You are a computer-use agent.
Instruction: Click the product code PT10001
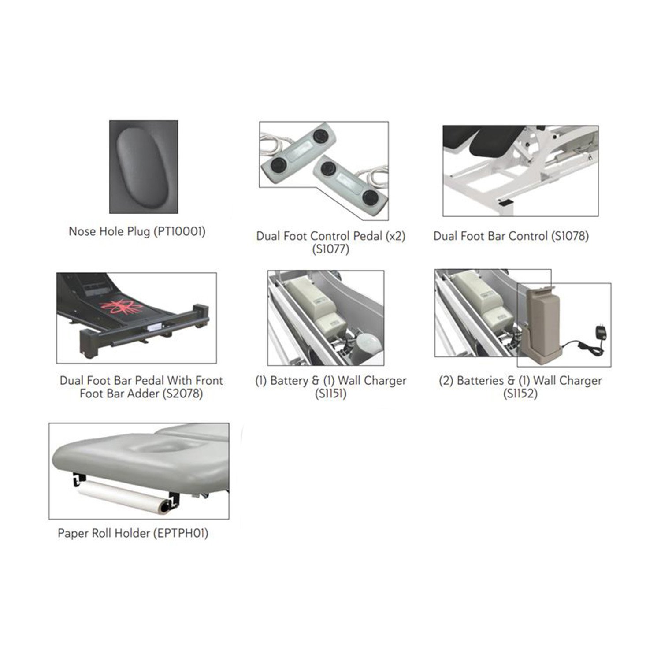coord(179,231)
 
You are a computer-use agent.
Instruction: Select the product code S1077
coord(330,249)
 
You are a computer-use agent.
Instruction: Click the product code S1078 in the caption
coord(570,236)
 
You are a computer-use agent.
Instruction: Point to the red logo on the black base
coord(119,306)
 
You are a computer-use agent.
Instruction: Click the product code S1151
coord(330,394)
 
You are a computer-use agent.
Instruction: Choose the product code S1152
coord(520,394)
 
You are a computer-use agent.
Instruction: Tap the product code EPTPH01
coord(180,533)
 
